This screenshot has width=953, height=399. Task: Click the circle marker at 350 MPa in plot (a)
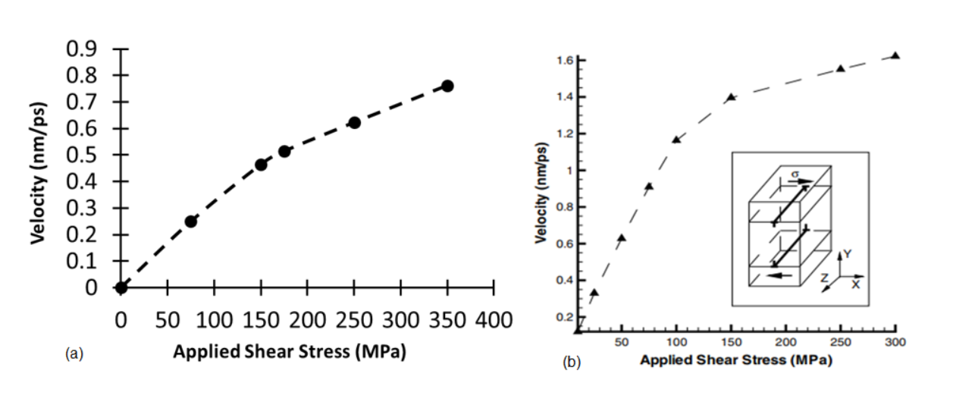coord(447,86)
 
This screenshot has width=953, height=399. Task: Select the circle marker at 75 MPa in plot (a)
coord(191,221)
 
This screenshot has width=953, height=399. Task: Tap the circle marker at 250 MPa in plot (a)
coord(354,122)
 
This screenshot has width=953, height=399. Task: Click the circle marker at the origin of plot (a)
coord(121,287)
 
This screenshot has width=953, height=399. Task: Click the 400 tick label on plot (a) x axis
coord(494,320)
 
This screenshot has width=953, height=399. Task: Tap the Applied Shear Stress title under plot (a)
coord(290,352)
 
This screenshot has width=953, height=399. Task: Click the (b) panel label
coord(571,363)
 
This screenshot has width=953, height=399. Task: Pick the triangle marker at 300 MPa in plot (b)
coord(895,55)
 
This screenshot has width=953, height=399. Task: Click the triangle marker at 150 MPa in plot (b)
coord(731,97)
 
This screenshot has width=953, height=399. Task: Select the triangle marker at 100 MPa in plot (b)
coord(676,140)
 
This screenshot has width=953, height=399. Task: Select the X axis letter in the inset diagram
coord(855,284)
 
